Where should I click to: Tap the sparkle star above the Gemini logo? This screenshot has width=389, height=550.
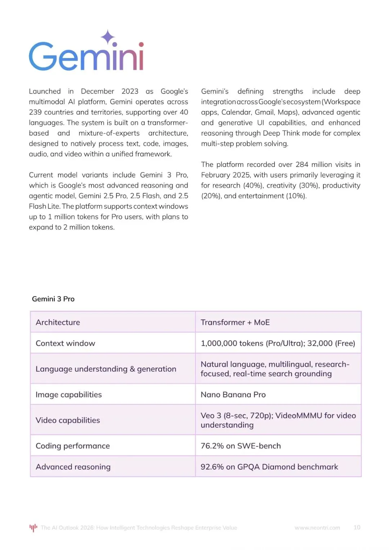pyautogui.click(x=107, y=37)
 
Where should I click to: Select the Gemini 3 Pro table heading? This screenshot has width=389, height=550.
pyautogui.click(x=53, y=299)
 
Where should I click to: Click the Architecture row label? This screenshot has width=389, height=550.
pyautogui.click(x=58, y=322)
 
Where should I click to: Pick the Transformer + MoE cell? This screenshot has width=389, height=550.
pyautogui.click(x=235, y=322)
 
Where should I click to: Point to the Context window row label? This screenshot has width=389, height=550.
pyautogui.click(x=66, y=343)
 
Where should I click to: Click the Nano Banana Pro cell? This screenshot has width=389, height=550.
pyautogui.click(x=233, y=395)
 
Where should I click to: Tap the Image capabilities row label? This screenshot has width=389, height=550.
pyautogui.click(x=69, y=395)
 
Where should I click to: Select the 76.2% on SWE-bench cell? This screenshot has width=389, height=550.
pyautogui.click(x=241, y=446)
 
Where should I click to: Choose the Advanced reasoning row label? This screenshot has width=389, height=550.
pyautogui.click(x=73, y=467)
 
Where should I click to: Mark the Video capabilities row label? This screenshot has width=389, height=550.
pyautogui.click(x=68, y=420)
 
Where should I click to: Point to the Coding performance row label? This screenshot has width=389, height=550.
pyautogui.click(x=73, y=446)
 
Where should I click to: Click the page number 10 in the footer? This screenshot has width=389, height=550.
pyautogui.click(x=357, y=527)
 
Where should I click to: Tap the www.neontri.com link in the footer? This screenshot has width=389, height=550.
pyautogui.click(x=317, y=528)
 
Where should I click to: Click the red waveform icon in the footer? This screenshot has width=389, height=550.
pyautogui.click(x=33, y=528)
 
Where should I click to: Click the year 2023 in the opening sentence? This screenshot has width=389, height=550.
pyautogui.click(x=130, y=91)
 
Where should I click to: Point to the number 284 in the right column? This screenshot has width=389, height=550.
pyautogui.click(x=302, y=165)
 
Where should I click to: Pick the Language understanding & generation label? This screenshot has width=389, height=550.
pyautogui.click(x=106, y=369)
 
